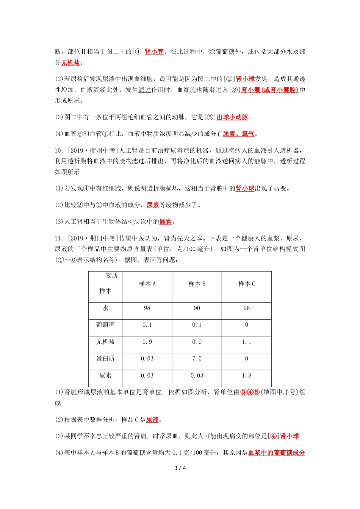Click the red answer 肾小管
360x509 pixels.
point(154,52)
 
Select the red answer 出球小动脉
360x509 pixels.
point(232,117)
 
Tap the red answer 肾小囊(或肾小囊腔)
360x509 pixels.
point(270,90)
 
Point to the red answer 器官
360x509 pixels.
point(166,222)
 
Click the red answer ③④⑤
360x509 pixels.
point(250,392)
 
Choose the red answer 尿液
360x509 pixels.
point(152,420)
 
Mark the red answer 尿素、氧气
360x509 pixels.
point(238,134)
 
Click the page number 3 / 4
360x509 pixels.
point(180,468)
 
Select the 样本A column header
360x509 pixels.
point(147,284)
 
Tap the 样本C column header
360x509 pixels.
point(247,284)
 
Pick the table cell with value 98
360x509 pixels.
point(147,308)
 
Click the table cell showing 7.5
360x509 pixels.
point(197,359)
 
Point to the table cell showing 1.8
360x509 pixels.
point(247,376)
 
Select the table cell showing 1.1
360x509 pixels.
point(247,342)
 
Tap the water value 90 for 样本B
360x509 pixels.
point(197,308)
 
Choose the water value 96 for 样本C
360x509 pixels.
point(247,308)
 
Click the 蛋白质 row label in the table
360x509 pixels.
point(105,359)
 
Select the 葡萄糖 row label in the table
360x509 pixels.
point(105,325)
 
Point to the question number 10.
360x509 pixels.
point(59,151)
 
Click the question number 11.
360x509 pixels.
point(59,239)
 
